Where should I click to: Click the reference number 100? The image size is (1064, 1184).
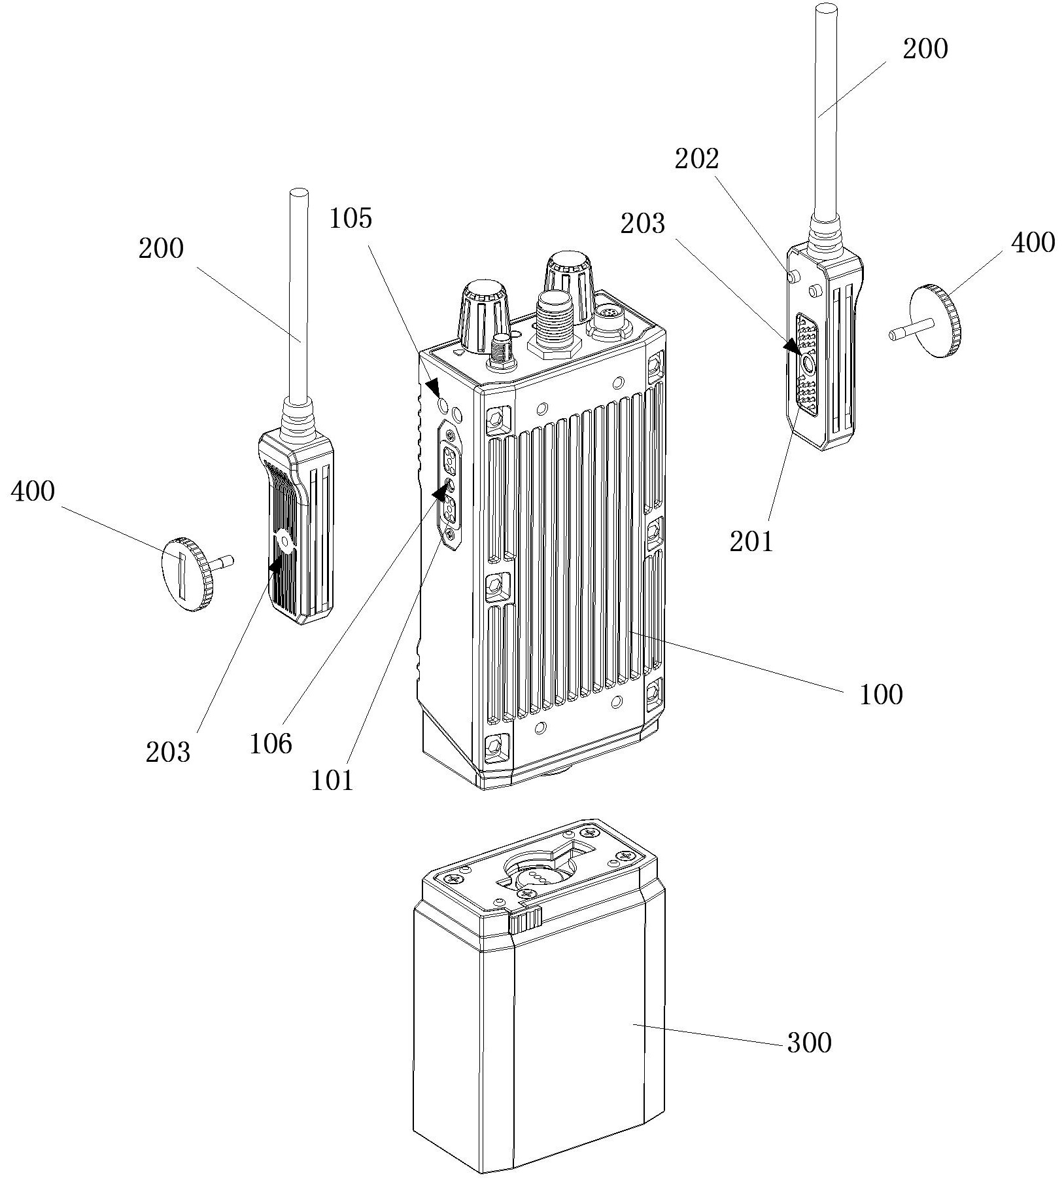(x=881, y=694)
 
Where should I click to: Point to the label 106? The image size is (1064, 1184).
(x=271, y=744)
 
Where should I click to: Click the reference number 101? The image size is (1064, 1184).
(x=332, y=780)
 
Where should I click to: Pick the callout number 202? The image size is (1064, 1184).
(x=697, y=159)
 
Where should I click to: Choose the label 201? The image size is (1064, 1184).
(x=751, y=541)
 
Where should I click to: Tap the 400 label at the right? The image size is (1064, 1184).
(x=1033, y=243)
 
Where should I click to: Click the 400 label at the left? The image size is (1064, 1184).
(x=33, y=492)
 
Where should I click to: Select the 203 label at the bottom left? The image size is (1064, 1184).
(x=168, y=753)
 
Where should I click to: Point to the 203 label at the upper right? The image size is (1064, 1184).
(x=643, y=224)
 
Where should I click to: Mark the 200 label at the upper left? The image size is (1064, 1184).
(x=161, y=249)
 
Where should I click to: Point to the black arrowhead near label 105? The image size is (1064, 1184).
(x=433, y=387)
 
